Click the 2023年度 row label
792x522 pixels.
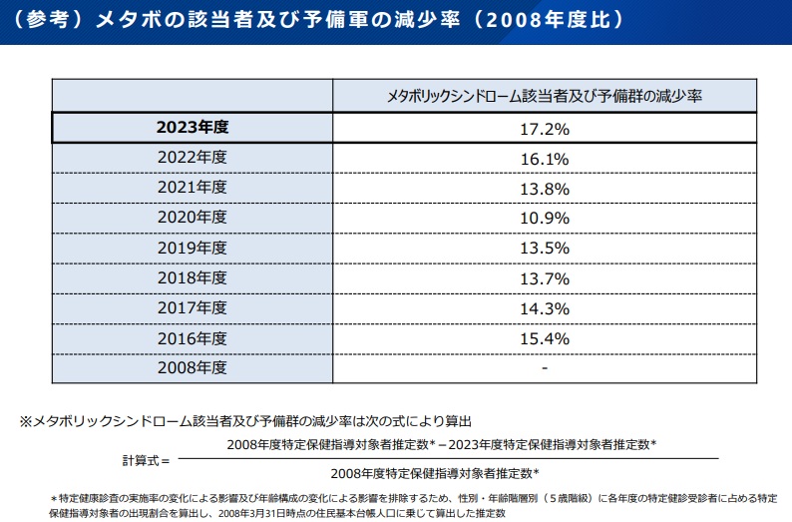[193, 128]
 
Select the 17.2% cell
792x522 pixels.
[546, 129]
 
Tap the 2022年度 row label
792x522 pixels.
[193, 158]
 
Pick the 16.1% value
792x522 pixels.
[546, 159]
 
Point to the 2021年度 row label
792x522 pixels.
[193, 188]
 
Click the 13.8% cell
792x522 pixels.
[546, 189]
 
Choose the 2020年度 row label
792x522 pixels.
[193, 218]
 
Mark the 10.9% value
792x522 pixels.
[546, 219]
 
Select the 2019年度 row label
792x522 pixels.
[193, 248]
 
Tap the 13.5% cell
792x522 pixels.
[546, 249]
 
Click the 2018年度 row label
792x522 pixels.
[193, 277]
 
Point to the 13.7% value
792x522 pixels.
[546, 278]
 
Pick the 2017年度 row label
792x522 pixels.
[193, 307]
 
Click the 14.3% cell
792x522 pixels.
[546, 308]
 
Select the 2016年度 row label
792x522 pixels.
[193, 337]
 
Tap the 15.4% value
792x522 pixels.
[546, 338]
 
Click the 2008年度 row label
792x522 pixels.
[193, 367]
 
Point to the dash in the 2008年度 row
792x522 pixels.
[546, 368]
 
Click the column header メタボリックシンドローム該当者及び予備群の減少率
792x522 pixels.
[546, 97]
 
